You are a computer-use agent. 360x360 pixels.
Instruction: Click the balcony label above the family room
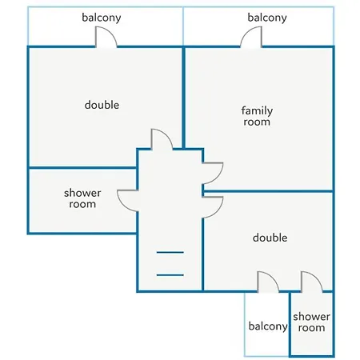pyautogui.click(x=267, y=18)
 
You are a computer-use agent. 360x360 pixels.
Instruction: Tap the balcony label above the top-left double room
pyautogui.click(x=102, y=18)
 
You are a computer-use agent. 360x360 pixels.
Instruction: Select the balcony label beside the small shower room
pyautogui.click(x=268, y=326)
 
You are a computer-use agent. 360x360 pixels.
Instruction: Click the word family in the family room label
pyautogui.click(x=257, y=111)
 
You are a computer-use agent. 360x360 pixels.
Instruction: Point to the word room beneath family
pyautogui.click(x=257, y=122)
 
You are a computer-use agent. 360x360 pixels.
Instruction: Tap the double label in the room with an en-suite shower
pyautogui.click(x=270, y=238)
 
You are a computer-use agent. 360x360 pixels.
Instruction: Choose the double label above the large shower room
pyautogui.click(x=102, y=105)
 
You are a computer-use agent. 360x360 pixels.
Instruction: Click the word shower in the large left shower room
pyautogui.click(x=82, y=193)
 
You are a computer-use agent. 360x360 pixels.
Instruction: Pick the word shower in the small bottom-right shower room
pyautogui.click(x=311, y=317)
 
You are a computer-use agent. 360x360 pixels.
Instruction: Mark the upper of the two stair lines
pyautogui.click(x=170, y=252)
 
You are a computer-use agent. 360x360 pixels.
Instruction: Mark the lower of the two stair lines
pyautogui.click(x=170, y=275)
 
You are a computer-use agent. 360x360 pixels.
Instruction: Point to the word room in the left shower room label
pyautogui.click(x=82, y=204)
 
